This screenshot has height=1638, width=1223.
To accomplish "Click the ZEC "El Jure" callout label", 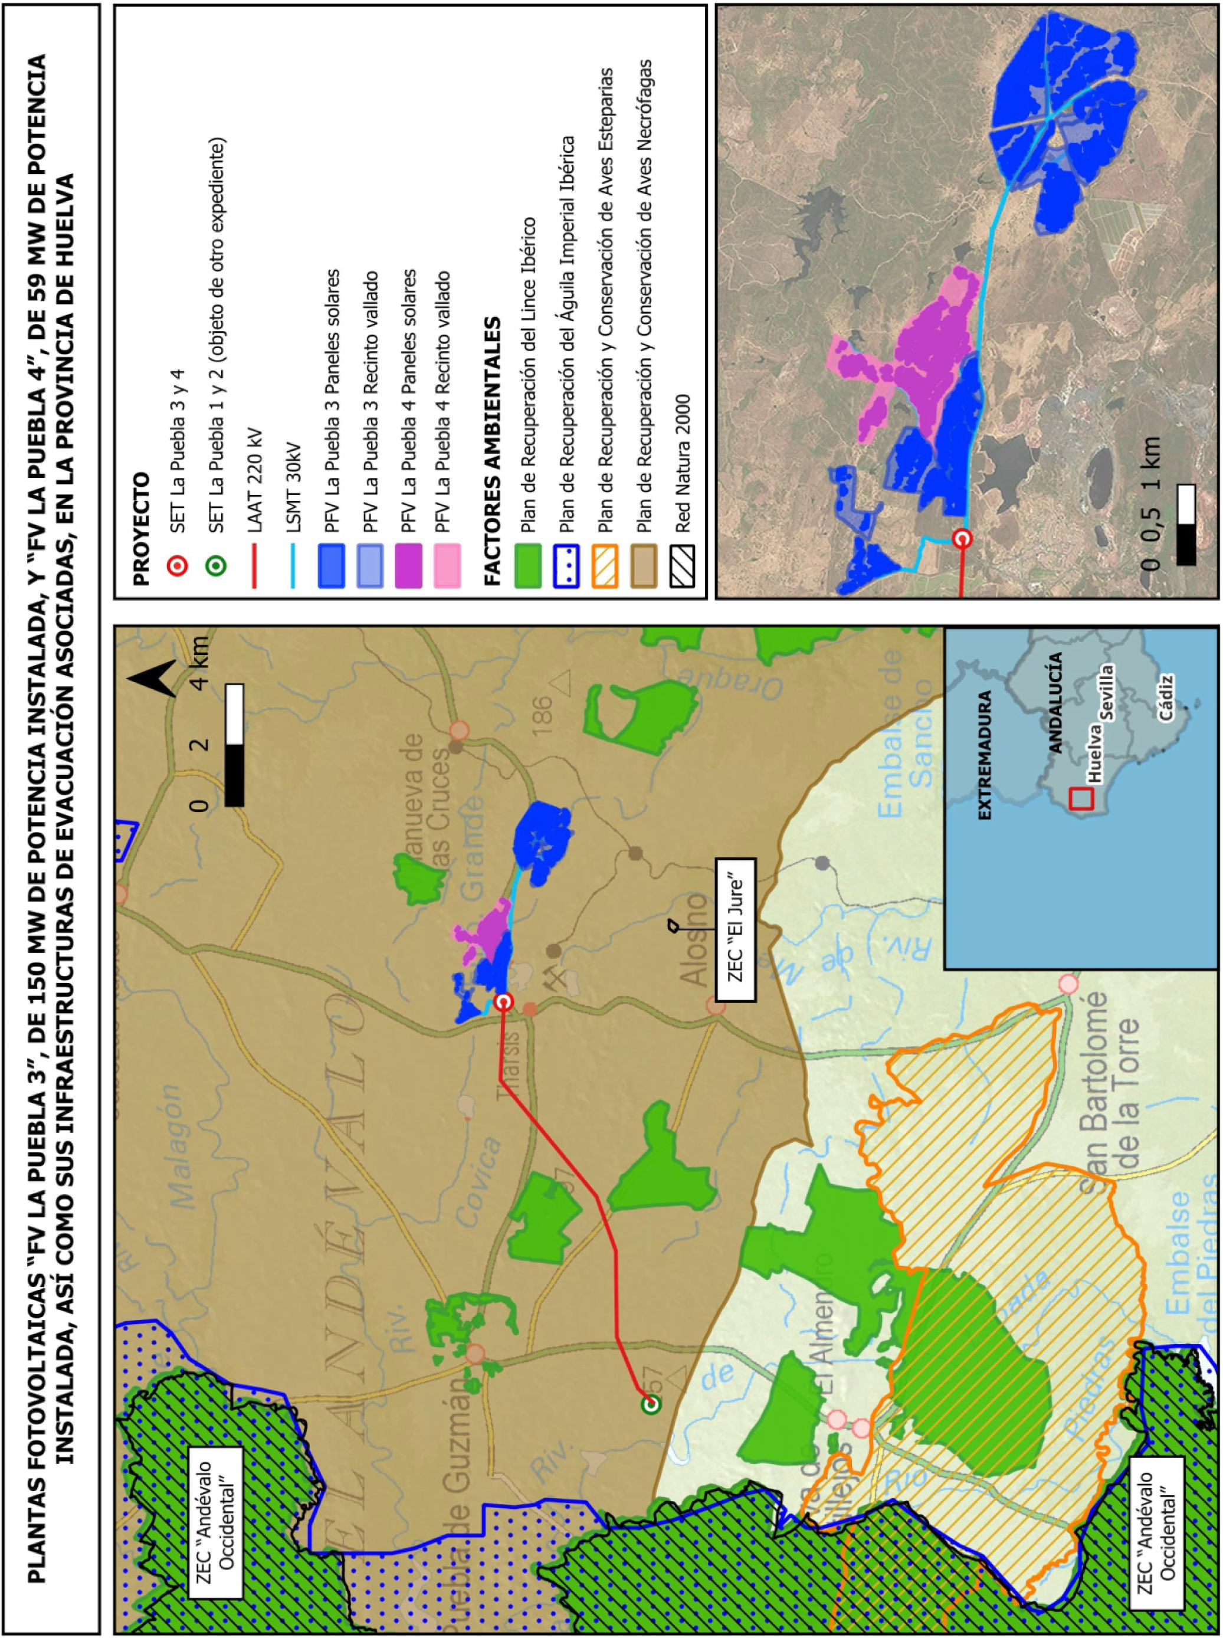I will click(736, 930).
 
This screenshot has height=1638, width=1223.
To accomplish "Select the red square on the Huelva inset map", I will click(1081, 798).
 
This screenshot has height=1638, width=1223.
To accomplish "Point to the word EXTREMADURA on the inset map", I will click(985, 755).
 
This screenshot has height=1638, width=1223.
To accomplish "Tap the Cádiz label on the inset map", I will click(1168, 697).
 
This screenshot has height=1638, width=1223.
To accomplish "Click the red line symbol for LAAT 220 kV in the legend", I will click(254, 566).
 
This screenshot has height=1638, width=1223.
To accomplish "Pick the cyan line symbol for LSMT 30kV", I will click(293, 566).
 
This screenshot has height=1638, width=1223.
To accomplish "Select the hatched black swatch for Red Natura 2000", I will click(682, 566).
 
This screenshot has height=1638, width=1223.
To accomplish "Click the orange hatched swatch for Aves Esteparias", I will click(605, 566).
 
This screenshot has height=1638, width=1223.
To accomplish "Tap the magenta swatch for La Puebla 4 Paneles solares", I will click(409, 566).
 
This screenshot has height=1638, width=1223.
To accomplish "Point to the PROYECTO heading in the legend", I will click(140, 529).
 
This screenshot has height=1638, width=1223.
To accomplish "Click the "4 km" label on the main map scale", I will click(199, 660).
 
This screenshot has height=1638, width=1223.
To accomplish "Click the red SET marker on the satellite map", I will click(962, 538).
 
